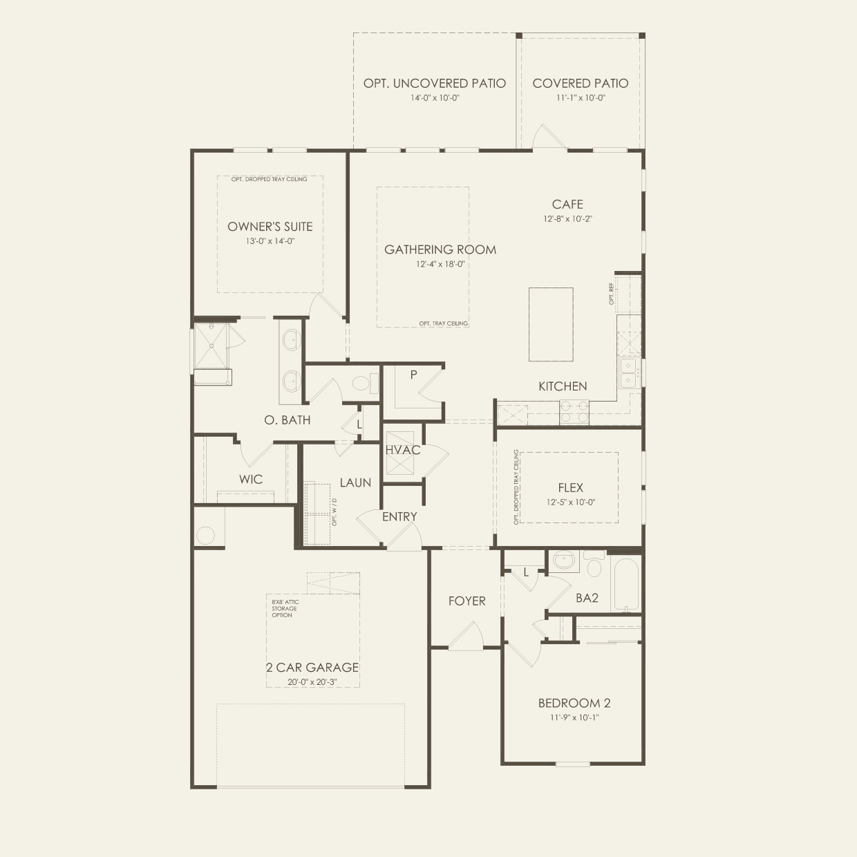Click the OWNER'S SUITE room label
(x=270, y=227)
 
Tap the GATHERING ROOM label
(x=440, y=249)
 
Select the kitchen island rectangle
(x=551, y=324)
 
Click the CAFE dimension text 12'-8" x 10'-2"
(x=567, y=218)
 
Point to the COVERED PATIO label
(x=580, y=83)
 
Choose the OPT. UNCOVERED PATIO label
(x=435, y=83)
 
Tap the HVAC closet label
(x=403, y=450)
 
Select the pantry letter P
(x=413, y=375)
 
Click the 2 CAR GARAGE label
(x=312, y=667)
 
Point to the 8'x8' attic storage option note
(x=285, y=608)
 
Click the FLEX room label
(x=570, y=488)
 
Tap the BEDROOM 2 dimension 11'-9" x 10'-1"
(x=574, y=717)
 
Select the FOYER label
(x=467, y=601)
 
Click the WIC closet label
(x=250, y=479)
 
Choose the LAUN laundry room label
(x=355, y=482)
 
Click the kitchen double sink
(x=628, y=373)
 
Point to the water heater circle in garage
(x=206, y=535)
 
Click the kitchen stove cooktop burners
(x=574, y=413)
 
